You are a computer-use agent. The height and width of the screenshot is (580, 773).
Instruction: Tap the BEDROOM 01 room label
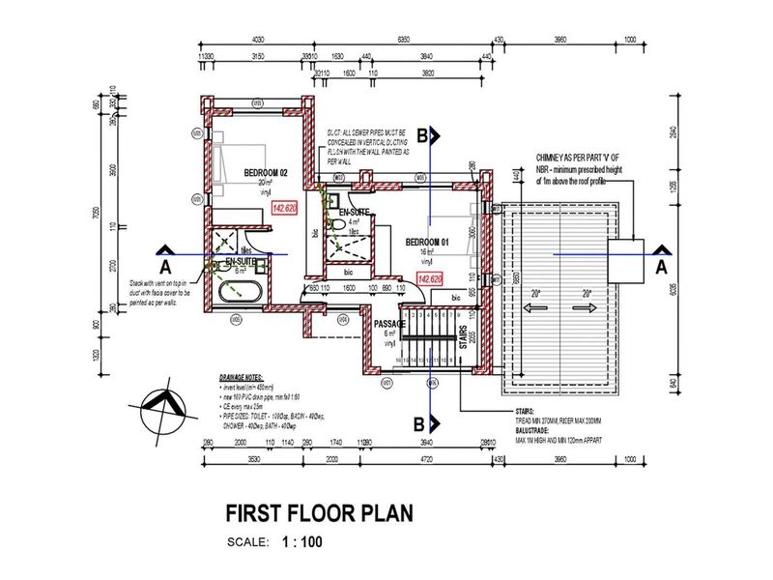click(429, 241)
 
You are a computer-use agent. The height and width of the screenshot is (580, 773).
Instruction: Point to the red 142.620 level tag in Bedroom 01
click(430, 278)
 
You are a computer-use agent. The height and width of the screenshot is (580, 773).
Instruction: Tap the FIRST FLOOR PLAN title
click(319, 512)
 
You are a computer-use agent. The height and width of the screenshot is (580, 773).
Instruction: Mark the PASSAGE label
click(391, 323)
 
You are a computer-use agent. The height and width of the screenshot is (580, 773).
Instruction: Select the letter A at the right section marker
click(662, 264)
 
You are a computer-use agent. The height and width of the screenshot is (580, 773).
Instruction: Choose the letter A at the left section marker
click(164, 264)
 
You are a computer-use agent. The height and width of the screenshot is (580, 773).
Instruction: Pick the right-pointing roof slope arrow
click(590, 307)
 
